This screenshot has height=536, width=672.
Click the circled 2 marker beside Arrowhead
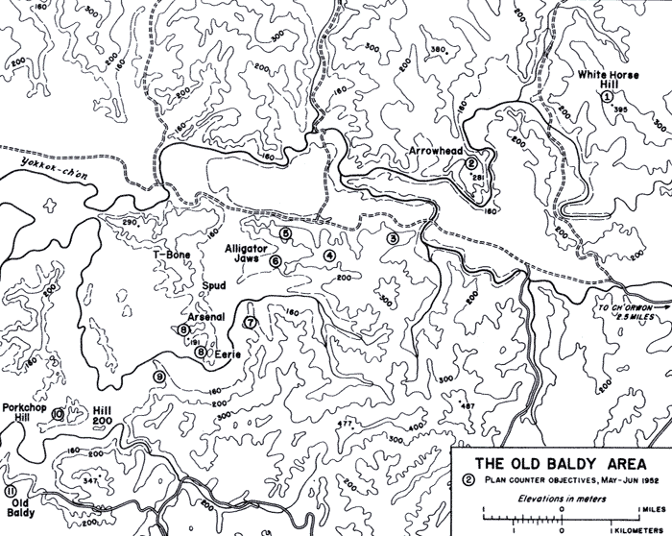(470, 164)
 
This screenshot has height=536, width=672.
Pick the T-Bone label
(173, 255)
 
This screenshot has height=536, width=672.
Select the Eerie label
(224, 353)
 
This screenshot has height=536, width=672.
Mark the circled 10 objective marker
(59, 414)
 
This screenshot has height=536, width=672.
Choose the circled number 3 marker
(392, 237)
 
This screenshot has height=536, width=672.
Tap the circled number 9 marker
(159, 375)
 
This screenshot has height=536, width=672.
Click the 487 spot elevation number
(468, 407)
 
